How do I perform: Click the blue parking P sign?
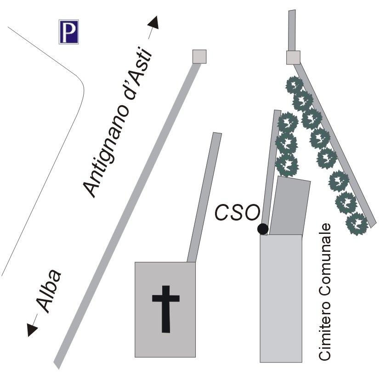[68, 32]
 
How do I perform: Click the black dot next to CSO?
[262, 228]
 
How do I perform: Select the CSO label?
[238, 213]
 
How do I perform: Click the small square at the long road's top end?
[199, 57]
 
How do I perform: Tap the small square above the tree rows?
[293, 57]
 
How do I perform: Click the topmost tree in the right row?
[294, 85]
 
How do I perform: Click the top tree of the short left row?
[288, 122]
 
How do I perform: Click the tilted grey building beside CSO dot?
[289, 206]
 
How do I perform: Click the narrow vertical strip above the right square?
[291, 30]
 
